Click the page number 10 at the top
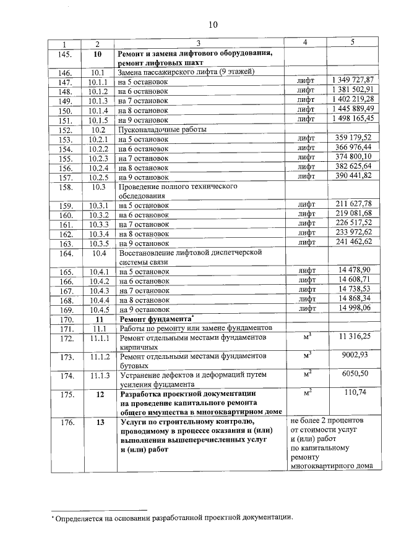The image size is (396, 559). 213,25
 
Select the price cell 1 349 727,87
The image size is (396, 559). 352,80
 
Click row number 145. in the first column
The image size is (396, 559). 64,54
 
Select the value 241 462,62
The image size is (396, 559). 353,242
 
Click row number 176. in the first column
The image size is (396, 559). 64,422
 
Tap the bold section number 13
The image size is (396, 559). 97,422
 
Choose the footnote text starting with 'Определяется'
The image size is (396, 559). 173,518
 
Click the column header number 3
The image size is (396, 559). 199,43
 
